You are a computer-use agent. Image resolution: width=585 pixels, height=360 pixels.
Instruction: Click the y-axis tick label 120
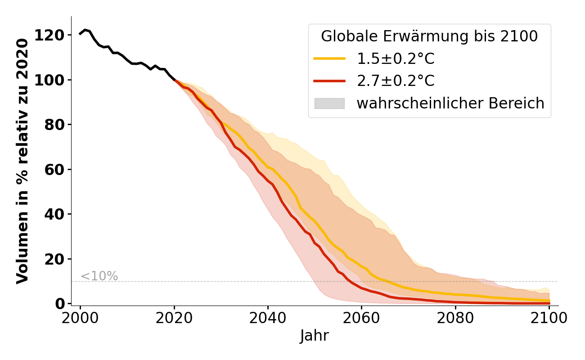click(x=49, y=35)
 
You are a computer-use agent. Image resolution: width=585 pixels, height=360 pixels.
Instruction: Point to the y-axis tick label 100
click(x=49, y=80)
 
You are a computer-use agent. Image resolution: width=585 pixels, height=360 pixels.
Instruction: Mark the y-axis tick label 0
click(x=59, y=304)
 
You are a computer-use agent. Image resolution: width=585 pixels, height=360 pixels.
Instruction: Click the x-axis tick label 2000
click(x=81, y=318)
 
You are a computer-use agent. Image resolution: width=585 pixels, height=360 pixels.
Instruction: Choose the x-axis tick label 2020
click(x=174, y=318)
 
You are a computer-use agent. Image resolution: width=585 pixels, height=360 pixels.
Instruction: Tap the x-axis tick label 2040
click(x=268, y=318)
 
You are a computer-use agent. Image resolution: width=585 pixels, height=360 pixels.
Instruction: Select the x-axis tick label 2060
click(x=361, y=318)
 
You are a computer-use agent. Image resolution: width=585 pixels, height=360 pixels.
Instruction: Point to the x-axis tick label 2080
click(x=455, y=318)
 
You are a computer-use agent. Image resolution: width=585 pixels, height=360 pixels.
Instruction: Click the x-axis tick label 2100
click(x=549, y=318)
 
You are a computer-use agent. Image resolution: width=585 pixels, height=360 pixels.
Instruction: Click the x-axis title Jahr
click(x=315, y=336)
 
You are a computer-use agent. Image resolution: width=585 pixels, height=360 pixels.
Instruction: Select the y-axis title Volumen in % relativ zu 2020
click(x=22, y=161)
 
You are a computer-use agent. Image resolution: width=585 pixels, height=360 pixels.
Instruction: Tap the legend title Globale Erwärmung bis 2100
click(x=429, y=36)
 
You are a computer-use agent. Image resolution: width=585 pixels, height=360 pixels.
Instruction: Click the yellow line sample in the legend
click(x=329, y=58)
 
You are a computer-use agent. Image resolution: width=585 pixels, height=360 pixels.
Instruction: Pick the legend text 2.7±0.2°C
click(x=396, y=81)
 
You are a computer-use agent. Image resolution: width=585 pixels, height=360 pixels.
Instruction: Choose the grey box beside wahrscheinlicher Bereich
click(x=329, y=103)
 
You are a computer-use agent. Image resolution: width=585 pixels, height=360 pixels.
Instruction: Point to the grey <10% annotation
click(x=99, y=276)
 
